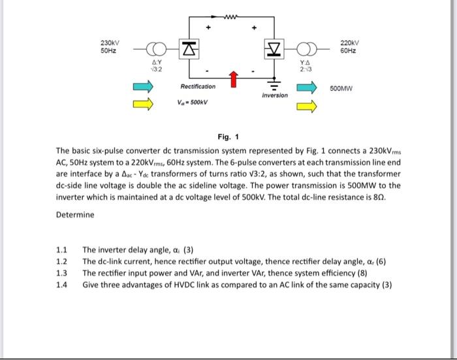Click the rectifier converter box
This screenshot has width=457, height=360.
tap(189, 47)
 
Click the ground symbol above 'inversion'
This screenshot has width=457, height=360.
tap(274, 86)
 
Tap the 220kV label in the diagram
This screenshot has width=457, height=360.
tap(349, 43)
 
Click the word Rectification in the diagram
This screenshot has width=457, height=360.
tap(198, 86)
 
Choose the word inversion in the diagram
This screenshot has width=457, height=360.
tap(274, 95)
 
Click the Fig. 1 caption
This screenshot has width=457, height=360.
tap(228, 137)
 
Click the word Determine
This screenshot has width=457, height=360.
tap(74, 215)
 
